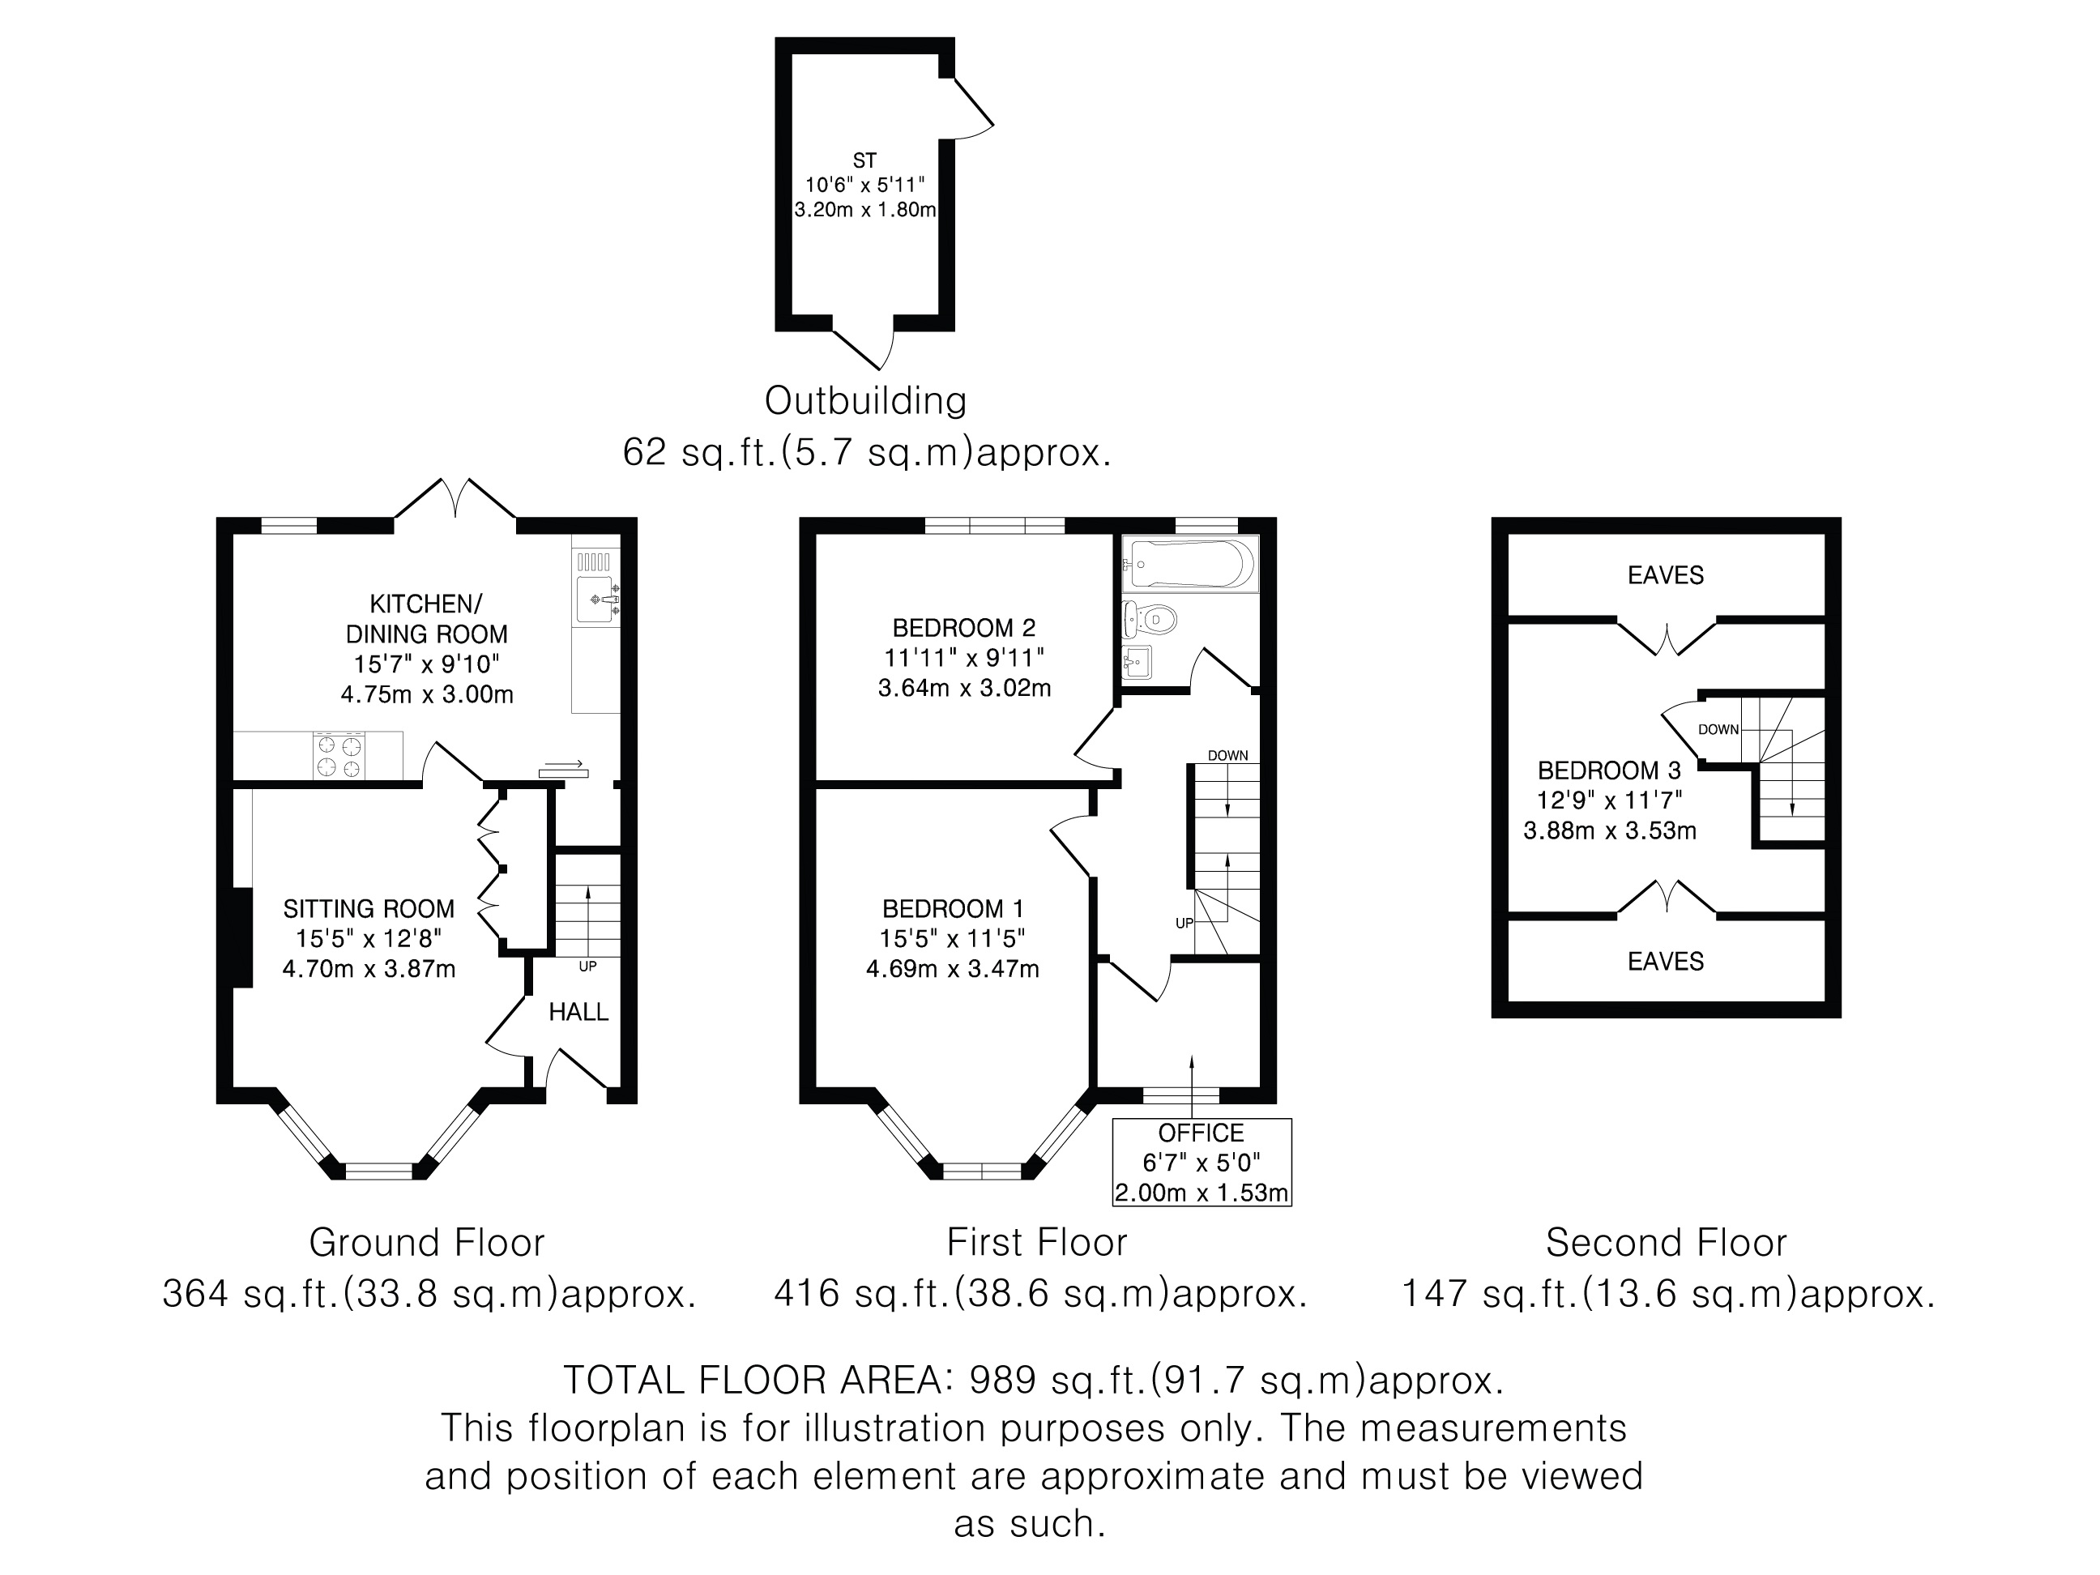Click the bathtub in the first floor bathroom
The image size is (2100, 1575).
tap(1189, 564)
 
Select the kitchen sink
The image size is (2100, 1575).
tap(595, 598)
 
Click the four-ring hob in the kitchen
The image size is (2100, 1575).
tap(339, 756)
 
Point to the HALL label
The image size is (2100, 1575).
tap(578, 1012)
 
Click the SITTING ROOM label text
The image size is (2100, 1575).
tap(369, 908)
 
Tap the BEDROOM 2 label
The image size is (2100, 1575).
tap(963, 628)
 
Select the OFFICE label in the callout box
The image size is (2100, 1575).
tap(1201, 1133)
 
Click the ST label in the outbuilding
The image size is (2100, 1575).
tap(864, 160)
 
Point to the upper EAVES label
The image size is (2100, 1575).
tap(1665, 575)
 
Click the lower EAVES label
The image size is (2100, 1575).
tap(1665, 962)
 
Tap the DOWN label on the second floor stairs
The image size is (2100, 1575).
tap(1718, 730)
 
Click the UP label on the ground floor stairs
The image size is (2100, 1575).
tap(587, 967)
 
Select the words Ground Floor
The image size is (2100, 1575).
tap(427, 1243)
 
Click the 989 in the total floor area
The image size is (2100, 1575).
tap(1001, 1380)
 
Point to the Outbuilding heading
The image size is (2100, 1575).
tap(866, 400)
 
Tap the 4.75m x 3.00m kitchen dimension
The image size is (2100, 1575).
tap(427, 695)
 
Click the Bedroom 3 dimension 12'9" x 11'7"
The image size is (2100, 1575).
tap(1609, 800)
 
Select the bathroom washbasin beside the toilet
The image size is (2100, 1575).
tap(1137, 662)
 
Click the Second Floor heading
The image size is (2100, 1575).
tap(1666, 1243)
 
